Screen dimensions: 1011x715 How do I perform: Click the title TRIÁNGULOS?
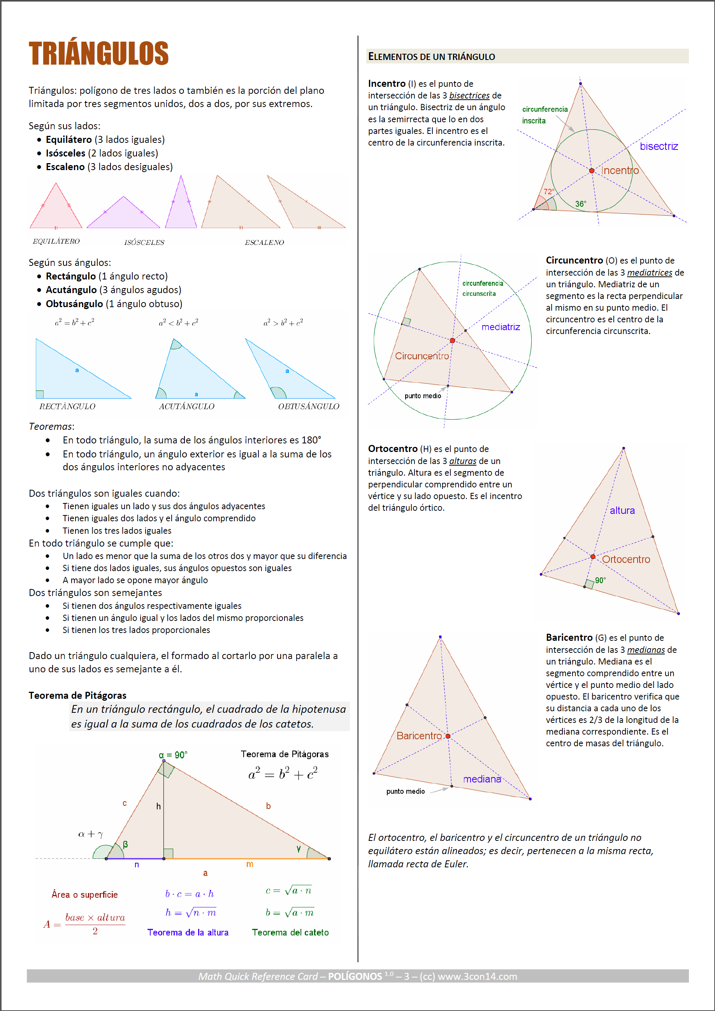click(98, 53)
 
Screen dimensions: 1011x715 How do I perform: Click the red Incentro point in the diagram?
click(592, 171)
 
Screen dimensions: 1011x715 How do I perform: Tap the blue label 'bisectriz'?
click(659, 146)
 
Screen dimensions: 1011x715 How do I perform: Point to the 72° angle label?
click(548, 192)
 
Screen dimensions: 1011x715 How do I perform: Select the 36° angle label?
click(581, 204)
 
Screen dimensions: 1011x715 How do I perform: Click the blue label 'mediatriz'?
click(501, 327)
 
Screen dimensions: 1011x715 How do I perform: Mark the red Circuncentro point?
click(452, 340)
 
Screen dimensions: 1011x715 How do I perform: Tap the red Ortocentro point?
click(593, 557)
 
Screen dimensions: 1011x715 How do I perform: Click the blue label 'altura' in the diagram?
click(622, 510)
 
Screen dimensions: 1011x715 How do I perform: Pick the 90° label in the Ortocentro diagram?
click(601, 580)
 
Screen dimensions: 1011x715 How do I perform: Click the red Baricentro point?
click(448, 736)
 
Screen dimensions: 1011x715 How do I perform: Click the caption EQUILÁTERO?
click(56, 241)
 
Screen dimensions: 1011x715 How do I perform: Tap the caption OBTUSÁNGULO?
click(309, 406)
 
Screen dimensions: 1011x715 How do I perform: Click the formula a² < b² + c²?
click(178, 322)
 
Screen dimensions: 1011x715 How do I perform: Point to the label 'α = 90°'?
click(173, 755)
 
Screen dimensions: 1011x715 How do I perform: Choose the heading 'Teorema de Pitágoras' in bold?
click(77, 695)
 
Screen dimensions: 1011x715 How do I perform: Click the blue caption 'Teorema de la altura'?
click(188, 932)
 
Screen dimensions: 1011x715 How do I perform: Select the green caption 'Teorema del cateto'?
click(290, 932)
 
